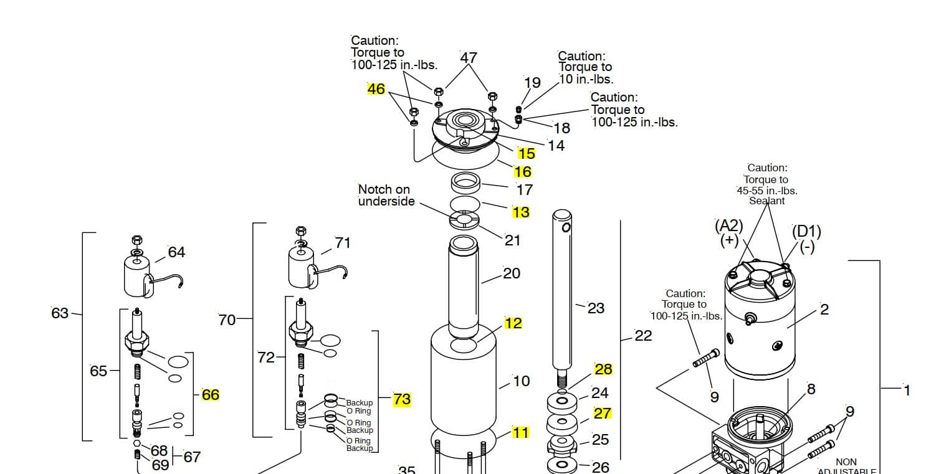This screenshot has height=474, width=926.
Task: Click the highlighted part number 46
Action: point(376,89)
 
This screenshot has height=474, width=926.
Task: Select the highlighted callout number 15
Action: point(526,154)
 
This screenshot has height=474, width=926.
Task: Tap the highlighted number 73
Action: point(402,399)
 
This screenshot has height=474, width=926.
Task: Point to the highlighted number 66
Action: point(211,395)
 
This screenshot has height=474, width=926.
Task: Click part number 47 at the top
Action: point(469,58)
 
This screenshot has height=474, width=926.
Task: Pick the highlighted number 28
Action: point(603,369)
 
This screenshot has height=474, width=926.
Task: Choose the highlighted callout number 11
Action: point(520,433)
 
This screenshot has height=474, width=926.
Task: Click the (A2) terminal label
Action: point(729,226)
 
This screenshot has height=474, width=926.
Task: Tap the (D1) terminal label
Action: point(806,232)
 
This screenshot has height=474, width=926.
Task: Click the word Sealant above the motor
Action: point(767,201)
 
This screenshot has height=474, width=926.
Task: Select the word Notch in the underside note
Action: point(373,189)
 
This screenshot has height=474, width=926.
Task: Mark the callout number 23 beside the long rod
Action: point(596,308)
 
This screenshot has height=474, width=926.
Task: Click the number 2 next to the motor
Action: point(824,310)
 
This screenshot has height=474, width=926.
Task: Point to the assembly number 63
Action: point(60,313)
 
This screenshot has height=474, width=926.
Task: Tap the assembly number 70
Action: point(227,320)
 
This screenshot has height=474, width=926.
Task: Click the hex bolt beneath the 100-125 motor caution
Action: point(706,358)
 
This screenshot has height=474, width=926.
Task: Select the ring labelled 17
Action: point(465,184)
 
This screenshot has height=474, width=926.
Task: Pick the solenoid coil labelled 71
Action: point(302,268)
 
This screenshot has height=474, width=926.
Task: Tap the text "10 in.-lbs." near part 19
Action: point(586,79)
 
